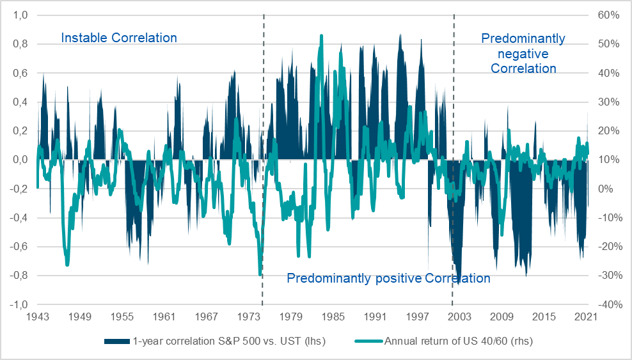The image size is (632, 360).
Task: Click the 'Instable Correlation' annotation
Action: tap(119, 38)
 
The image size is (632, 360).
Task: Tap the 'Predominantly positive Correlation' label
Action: tap(388, 278)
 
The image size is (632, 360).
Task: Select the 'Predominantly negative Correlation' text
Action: tap(523, 53)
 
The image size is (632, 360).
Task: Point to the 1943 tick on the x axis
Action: tap(37, 317)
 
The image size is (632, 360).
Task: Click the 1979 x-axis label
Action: tap(291, 317)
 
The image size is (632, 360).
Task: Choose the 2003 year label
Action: tap(460, 317)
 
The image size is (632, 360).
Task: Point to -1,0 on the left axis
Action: tap(19, 304)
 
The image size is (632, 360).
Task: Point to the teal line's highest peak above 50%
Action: tap(321, 36)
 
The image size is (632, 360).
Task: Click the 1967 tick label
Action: tap(207, 317)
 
